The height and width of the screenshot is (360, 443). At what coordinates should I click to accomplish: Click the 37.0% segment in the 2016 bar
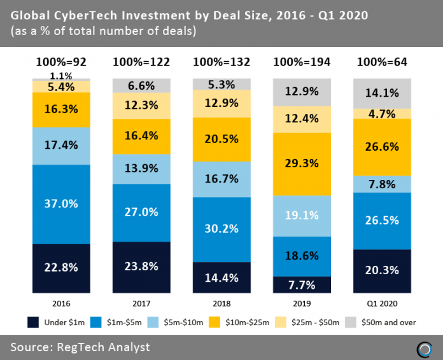tap(62, 204)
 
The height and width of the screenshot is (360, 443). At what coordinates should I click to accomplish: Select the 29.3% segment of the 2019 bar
tap(302, 163)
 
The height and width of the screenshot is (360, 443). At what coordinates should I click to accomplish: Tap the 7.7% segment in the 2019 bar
tap(302, 285)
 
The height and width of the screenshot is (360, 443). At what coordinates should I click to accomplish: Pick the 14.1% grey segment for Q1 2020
tap(383, 93)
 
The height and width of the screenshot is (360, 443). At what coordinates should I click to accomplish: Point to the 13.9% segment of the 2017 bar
tap(141, 169)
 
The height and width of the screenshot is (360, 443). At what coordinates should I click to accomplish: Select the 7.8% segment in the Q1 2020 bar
tap(383, 184)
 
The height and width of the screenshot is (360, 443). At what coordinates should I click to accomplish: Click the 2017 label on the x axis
tap(141, 304)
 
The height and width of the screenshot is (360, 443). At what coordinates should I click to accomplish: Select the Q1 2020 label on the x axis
tap(383, 304)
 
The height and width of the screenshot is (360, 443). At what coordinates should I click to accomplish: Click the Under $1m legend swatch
tap(33, 322)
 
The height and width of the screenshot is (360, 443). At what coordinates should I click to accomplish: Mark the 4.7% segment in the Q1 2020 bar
tap(383, 114)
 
